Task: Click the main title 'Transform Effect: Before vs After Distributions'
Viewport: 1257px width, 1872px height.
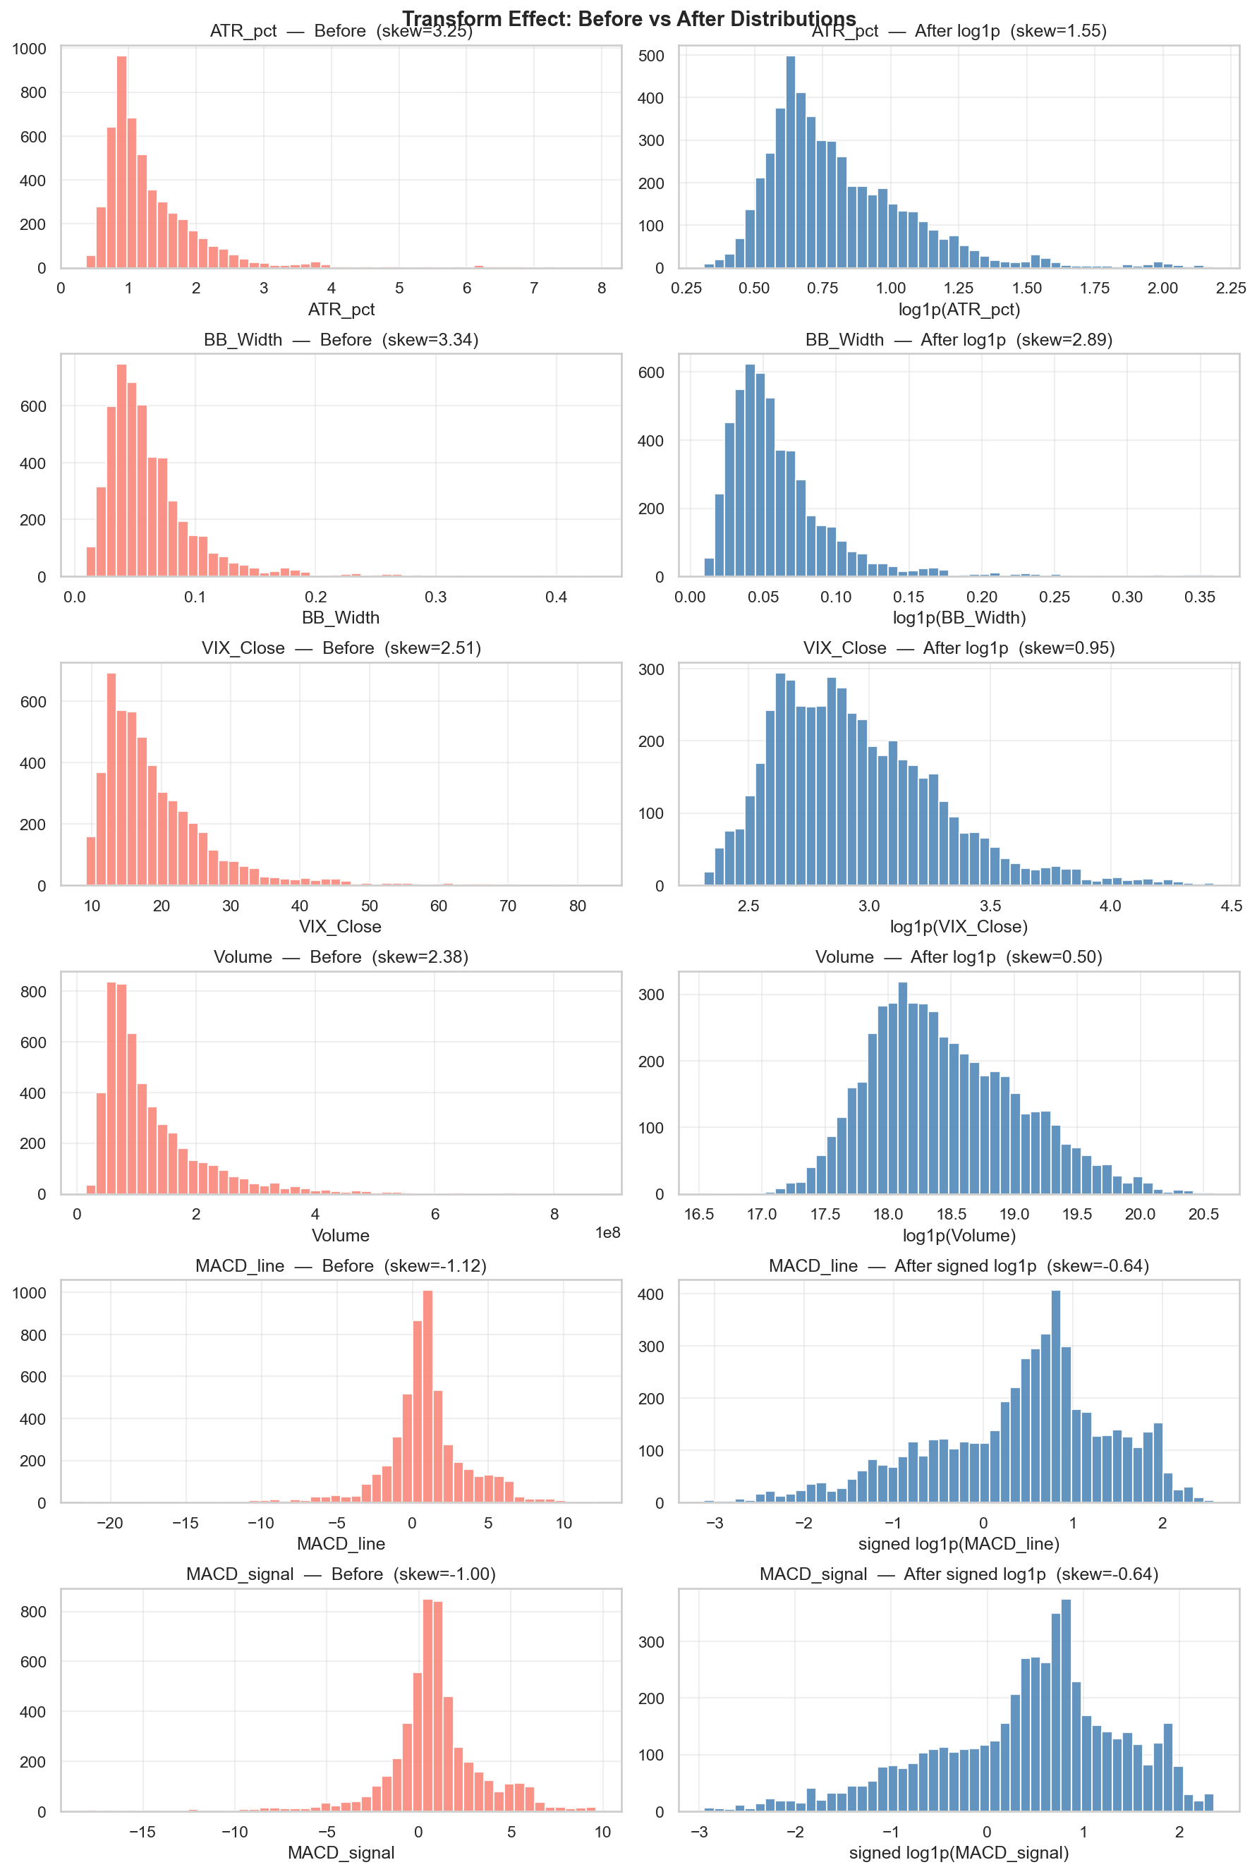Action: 628,18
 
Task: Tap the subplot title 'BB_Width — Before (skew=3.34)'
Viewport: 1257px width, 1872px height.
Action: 341,340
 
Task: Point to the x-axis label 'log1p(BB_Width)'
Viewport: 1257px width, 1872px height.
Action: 959,618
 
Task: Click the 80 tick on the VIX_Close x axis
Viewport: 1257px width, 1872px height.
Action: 577,906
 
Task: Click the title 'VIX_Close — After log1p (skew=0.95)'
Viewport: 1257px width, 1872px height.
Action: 959,648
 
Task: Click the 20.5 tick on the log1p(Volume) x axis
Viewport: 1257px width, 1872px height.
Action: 1203,1215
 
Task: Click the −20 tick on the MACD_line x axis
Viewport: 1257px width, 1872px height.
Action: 109,1524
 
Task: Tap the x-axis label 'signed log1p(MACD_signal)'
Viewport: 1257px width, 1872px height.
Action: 959,1853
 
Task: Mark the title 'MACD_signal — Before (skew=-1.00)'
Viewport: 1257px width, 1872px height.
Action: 341,1574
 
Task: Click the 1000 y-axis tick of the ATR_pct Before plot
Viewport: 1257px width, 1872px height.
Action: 29,49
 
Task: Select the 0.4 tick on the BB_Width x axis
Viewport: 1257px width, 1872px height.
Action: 556,597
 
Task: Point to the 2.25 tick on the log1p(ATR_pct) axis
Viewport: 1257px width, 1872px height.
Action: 1230,288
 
